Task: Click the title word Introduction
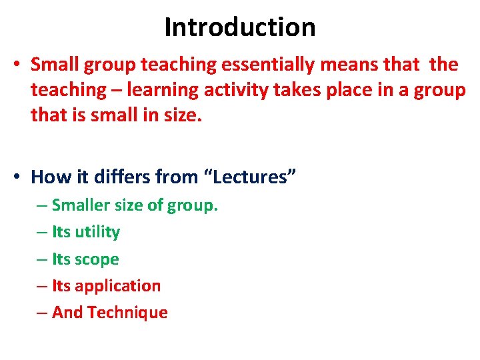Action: (x=240, y=27)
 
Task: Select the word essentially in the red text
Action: (x=272, y=65)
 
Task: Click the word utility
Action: (x=97, y=233)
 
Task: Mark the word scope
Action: (x=97, y=259)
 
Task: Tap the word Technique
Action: (x=127, y=313)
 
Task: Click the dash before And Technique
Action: (x=42, y=313)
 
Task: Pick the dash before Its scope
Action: (x=42, y=259)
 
